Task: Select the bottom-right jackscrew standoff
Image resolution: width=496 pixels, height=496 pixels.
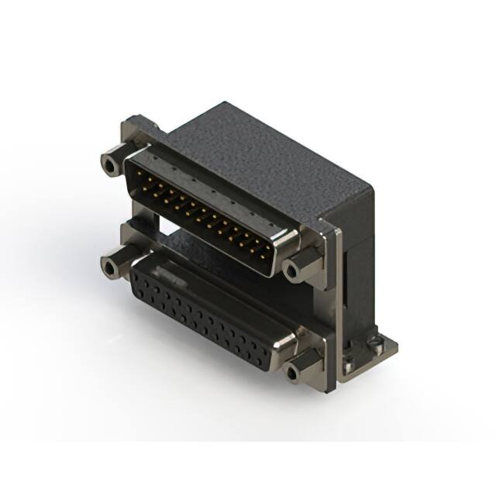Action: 294,372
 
